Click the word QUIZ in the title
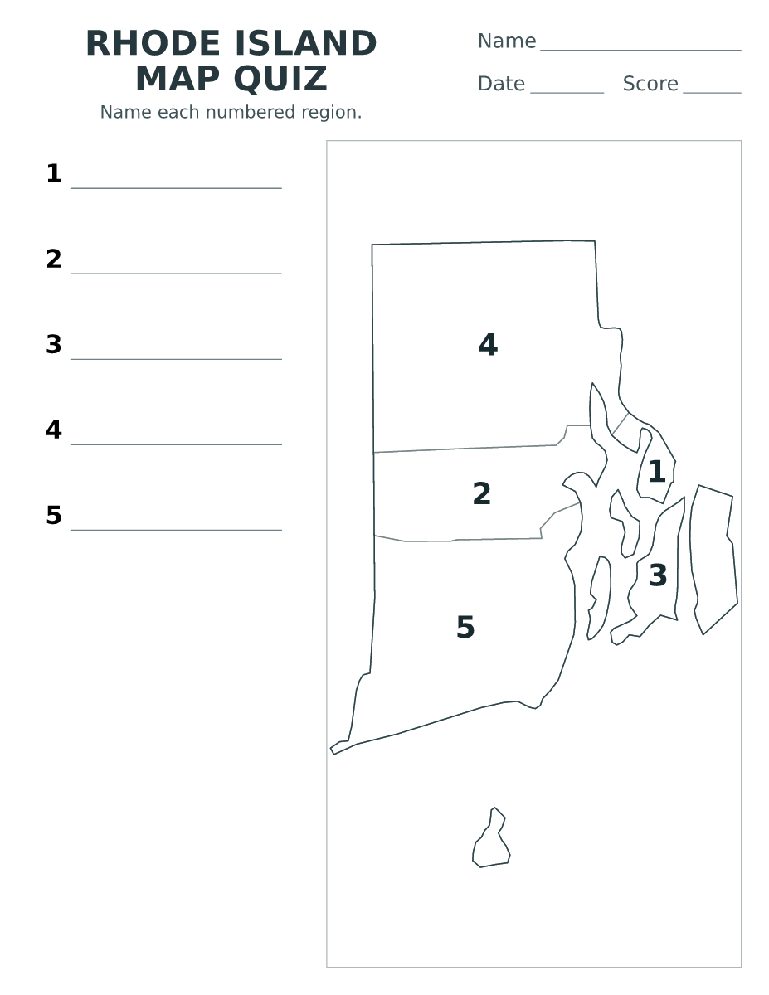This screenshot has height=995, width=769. click(280, 79)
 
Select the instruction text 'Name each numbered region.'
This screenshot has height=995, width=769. click(231, 112)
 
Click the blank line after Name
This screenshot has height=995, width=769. click(640, 50)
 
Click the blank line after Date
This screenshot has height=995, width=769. click(567, 93)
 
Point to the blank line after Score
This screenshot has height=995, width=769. click(713, 93)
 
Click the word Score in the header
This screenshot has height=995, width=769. click(650, 84)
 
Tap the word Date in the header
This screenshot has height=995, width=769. click(501, 84)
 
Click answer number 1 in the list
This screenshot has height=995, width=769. click(54, 173)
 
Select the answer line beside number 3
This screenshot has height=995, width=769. click(176, 359)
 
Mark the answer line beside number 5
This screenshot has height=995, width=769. click(176, 530)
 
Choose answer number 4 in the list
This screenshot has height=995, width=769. click(54, 430)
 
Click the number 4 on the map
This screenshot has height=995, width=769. click(489, 345)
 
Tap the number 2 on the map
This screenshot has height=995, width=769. click(482, 493)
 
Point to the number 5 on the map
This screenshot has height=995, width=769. click(466, 627)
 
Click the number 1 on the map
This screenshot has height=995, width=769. click(657, 472)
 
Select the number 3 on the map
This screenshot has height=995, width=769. click(658, 575)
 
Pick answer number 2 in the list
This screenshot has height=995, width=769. click(54, 260)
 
